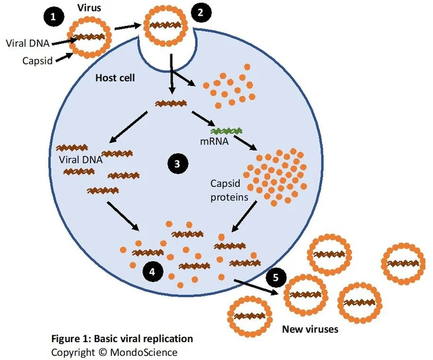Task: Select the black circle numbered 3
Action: point(177,164)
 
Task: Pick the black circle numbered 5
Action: point(276,277)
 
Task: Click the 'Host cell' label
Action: point(114,77)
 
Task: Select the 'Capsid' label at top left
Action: point(36,59)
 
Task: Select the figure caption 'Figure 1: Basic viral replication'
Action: point(122,339)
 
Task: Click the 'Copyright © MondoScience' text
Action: point(114,352)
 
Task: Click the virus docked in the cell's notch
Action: point(165,27)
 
